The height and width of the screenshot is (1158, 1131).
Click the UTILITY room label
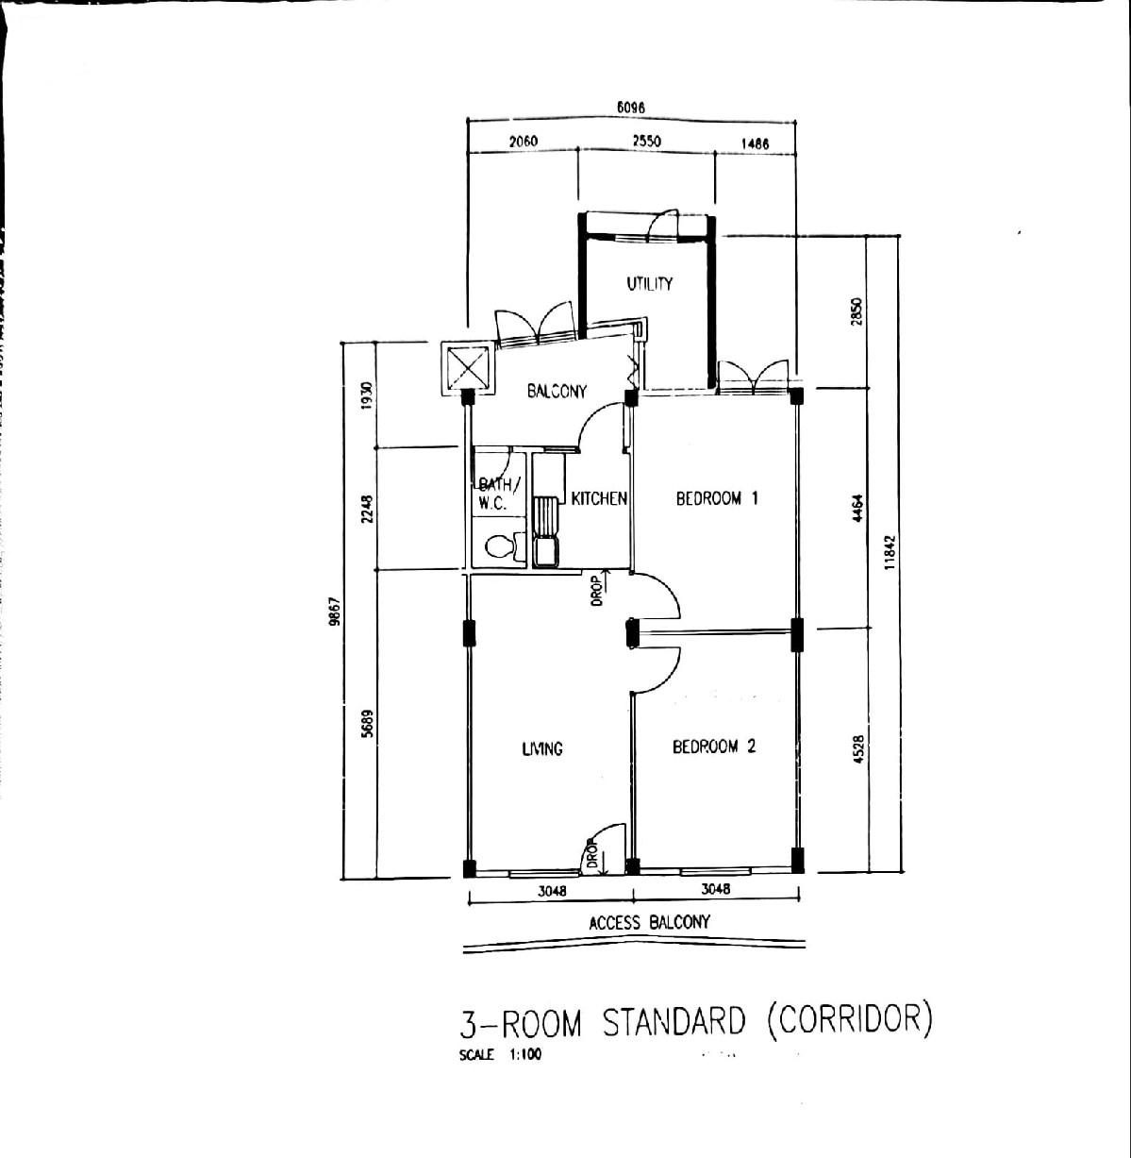(x=649, y=283)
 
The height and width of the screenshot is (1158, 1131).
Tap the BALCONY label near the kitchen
(x=557, y=391)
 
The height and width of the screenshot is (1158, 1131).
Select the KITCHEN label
(x=599, y=498)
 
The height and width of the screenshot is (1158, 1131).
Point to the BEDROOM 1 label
(x=717, y=498)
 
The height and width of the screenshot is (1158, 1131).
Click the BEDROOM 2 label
(x=714, y=747)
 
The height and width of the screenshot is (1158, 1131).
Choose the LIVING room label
(x=542, y=748)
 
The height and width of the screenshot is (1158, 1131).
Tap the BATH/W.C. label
(x=496, y=494)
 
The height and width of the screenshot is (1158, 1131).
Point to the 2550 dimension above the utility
(x=647, y=142)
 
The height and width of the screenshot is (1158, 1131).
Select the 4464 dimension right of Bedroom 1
(x=857, y=509)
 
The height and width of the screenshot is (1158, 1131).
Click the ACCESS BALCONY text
(x=649, y=922)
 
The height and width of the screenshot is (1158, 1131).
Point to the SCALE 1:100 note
(x=500, y=1055)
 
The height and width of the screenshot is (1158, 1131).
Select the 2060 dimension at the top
(x=523, y=142)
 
